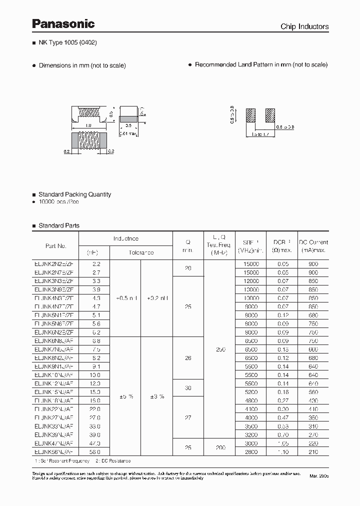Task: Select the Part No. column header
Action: click(55, 246)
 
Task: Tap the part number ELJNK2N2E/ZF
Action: click(55, 263)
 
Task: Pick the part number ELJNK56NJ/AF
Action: click(55, 452)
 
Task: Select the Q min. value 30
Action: click(188, 388)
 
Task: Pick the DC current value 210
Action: click(313, 452)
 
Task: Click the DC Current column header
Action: click(313, 246)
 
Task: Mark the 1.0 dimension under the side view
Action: click(88, 125)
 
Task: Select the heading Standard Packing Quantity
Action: click(74, 194)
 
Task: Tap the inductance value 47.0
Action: click(94, 443)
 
